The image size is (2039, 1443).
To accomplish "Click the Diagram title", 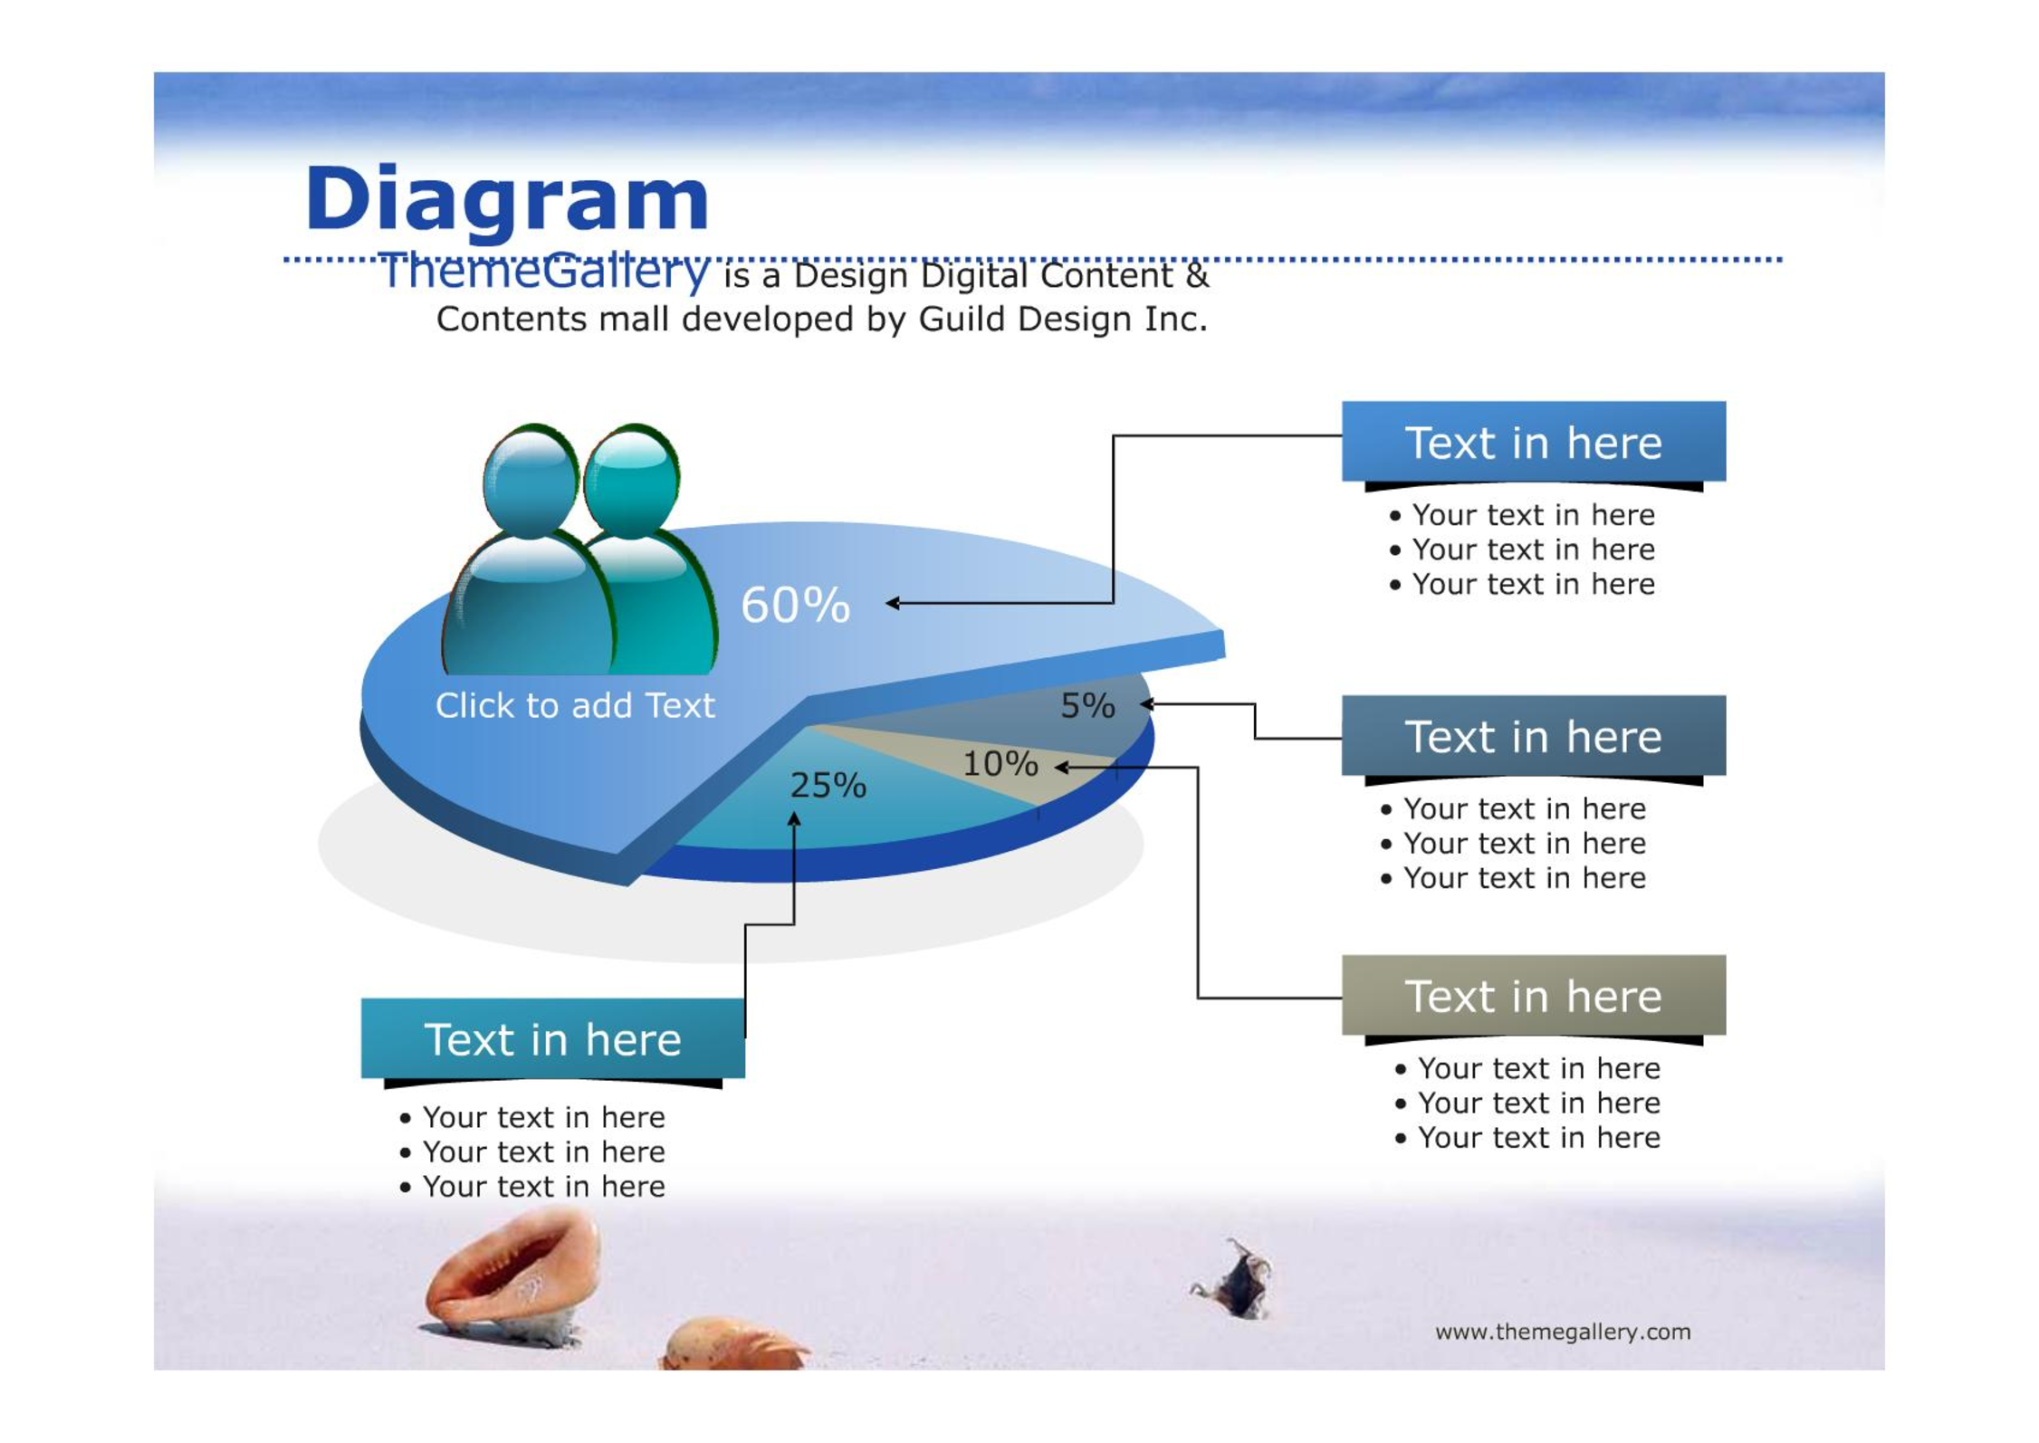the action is point(507,201).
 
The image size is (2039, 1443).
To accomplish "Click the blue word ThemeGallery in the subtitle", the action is point(543,271).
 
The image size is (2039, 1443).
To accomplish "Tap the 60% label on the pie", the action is point(796,605).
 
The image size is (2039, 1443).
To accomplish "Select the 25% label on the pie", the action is point(828,785).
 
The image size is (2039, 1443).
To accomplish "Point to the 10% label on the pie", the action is point(1000,764).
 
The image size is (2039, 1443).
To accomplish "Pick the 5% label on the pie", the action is point(1087,705).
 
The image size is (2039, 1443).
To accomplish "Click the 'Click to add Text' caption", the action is point(575,705).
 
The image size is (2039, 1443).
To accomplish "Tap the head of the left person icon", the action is point(531,480).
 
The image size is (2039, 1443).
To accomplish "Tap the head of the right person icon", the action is point(631,480).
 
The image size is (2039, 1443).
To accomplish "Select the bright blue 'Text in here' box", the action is point(1534,441).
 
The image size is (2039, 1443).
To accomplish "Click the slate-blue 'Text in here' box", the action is point(1534,735).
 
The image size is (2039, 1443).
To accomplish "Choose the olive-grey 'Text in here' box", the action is point(1534,995).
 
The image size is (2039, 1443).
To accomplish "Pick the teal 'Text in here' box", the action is point(553,1038).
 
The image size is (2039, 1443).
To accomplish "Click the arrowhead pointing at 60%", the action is point(892,603).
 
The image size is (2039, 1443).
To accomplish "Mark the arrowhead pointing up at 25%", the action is point(794,818).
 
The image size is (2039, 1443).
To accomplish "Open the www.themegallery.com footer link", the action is point(1563,1332).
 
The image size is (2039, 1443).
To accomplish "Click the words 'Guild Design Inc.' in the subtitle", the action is point(1063,320).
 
